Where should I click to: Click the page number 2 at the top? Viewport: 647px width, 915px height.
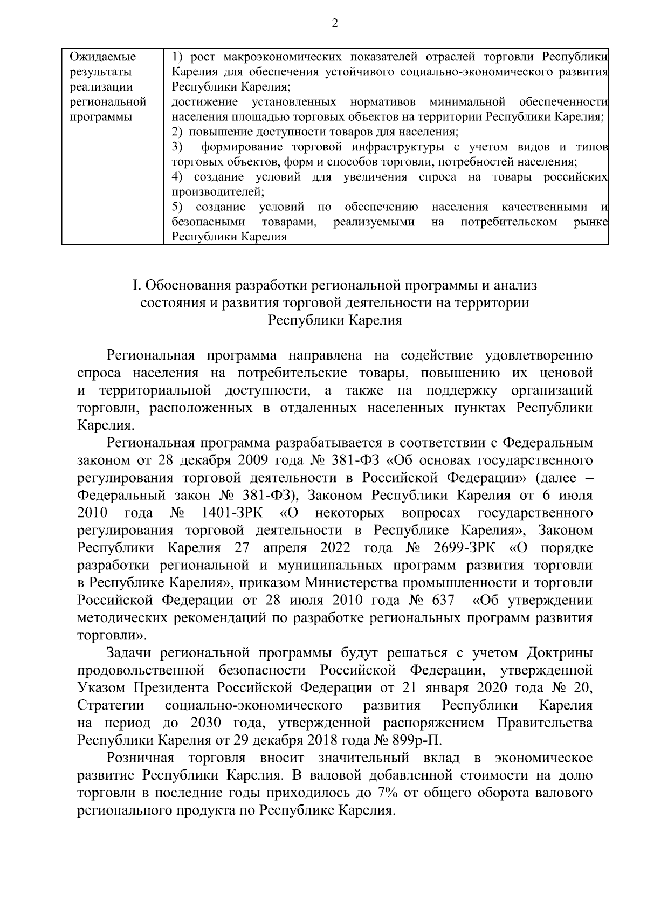334,23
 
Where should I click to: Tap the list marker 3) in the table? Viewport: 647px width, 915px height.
178,147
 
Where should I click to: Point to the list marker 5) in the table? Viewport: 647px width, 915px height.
178,207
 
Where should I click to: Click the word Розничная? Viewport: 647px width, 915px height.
140,758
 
